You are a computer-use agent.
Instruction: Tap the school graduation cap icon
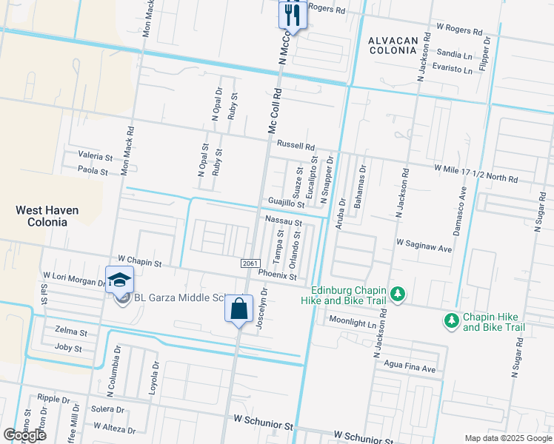click(x=119, y=280)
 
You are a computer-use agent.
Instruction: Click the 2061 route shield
click(x=250, y=264)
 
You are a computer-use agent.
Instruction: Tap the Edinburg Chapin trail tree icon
click(x=398, y=295)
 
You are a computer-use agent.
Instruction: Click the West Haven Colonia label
click(x=47, y=217)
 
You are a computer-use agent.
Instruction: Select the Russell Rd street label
click(x=296, y=147)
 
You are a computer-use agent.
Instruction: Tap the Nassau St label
click(x=283, y=222)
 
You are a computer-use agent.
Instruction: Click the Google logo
click(x=24, y=435)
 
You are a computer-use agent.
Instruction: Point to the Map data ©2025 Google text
click(x=507, y=438)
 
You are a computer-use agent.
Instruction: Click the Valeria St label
click(x=95, y=157)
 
